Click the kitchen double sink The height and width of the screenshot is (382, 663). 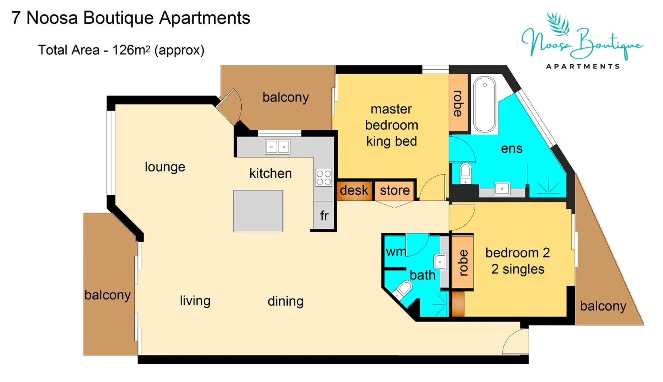277,147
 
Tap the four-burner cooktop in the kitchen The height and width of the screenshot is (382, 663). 324,178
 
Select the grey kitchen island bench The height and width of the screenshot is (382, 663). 258,211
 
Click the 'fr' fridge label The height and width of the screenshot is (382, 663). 324,216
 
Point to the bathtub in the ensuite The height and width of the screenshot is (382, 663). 484,104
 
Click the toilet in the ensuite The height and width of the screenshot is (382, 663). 466,172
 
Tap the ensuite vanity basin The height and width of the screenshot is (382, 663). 502,189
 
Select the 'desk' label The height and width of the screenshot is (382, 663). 354,190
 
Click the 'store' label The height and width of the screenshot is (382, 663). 395,190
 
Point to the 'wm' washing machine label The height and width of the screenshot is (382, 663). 396,252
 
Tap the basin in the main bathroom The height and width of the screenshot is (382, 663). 440,262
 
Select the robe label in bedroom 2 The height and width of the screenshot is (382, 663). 463,263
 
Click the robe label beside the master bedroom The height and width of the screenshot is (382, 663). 458,104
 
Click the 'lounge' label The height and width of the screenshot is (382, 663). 165,167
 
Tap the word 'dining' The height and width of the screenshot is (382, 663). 286,301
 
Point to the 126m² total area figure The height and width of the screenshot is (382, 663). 131,50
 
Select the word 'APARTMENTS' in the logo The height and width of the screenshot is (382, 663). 583,66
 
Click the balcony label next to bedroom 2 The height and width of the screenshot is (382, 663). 603,306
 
